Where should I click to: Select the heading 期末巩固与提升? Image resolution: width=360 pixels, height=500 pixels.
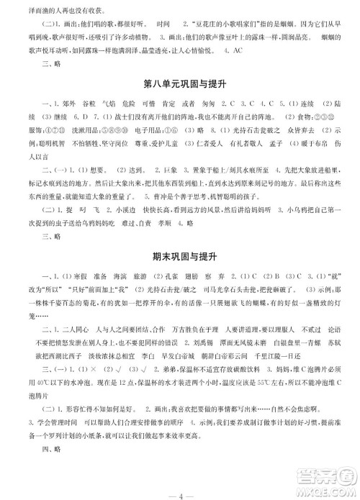[x=179, y=257]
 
